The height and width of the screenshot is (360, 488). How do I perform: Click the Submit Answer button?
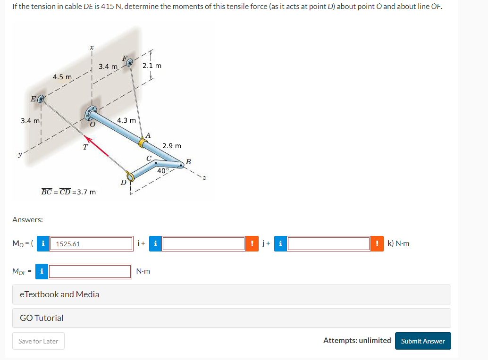[423, 341]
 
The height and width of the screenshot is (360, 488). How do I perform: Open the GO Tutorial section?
[42, 318]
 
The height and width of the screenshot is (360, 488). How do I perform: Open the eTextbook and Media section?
[59, 294]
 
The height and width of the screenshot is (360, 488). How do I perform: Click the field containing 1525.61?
[91, 244]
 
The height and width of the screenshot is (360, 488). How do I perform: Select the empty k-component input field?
[328, 244]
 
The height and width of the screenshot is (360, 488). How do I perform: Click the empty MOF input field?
[90, 271]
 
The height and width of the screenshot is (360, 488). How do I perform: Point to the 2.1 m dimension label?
[152, 66]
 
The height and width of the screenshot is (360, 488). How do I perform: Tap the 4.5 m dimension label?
[62, 76]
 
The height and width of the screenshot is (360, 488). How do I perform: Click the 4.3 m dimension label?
[126, 120]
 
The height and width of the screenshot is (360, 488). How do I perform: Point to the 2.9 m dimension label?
[172, 146]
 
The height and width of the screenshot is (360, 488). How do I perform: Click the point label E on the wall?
[33, 99]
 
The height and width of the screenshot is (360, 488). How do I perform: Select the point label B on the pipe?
[188, 161]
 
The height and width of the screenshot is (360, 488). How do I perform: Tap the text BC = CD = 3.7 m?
[68, 192]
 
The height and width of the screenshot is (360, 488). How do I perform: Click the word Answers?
[27, 219]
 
